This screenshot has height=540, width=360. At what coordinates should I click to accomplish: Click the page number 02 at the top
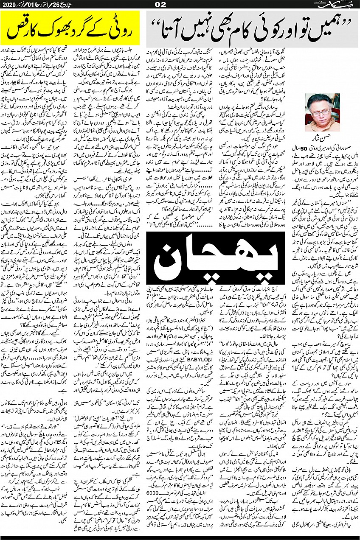click(x=180, y=4)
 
